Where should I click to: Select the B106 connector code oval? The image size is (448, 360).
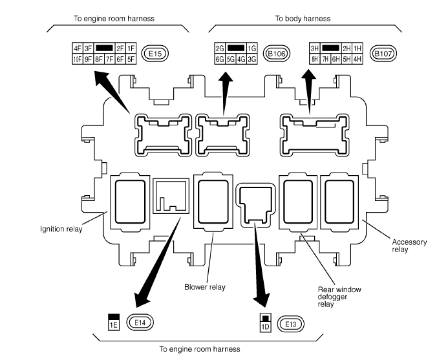pos(279,53)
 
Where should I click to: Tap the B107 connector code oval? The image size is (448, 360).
pos(384,53)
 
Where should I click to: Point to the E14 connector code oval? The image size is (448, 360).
pos(138,321)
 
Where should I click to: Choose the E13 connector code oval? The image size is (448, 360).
pos(287,322)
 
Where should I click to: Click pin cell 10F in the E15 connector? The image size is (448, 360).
pos(78,59)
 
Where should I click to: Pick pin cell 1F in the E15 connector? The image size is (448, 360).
pos(131,48)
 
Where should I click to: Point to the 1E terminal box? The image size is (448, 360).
pos(114,324)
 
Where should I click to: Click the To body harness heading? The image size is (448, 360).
pos(303,19)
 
